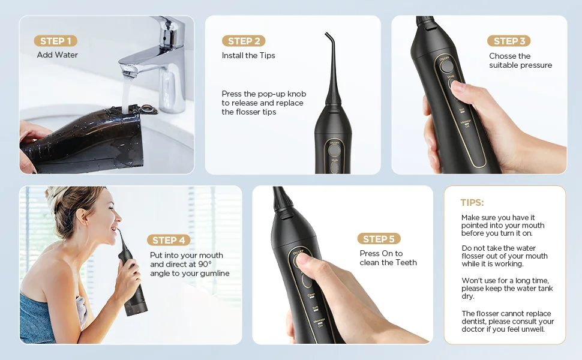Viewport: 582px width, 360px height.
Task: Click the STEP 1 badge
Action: tap(55, 41)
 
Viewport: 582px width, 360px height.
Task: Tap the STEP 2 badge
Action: tap(244, 41)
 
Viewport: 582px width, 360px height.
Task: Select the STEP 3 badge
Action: tap(509, 41)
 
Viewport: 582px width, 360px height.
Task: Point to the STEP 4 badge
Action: tap(168, 240)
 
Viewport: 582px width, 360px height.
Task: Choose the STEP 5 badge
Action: tap(379, 239)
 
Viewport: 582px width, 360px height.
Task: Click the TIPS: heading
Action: tap(472, 203)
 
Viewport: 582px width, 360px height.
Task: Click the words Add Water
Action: tap(58, 55)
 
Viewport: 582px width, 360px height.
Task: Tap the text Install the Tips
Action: tap(248, 55)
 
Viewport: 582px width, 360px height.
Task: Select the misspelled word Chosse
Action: tap(502, 56)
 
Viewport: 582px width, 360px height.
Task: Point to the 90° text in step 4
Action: tap(205, 264)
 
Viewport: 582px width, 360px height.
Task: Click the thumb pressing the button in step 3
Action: tap(458, 87)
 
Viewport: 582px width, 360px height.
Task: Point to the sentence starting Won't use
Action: tap(507, 288)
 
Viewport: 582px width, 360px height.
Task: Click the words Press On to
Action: tap(381, 254)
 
